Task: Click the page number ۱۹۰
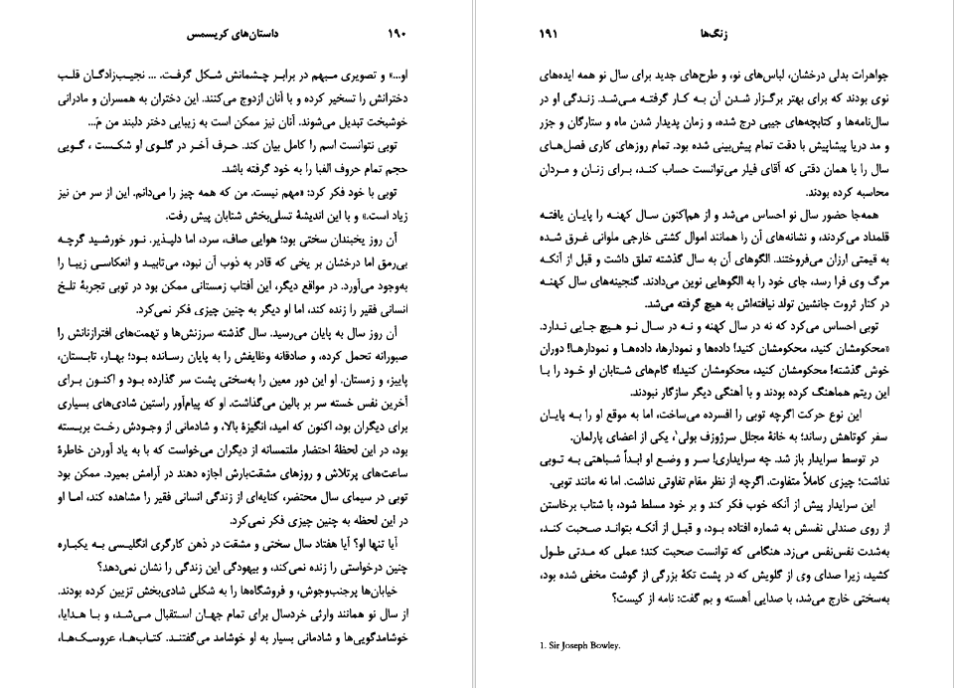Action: (397, 34)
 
